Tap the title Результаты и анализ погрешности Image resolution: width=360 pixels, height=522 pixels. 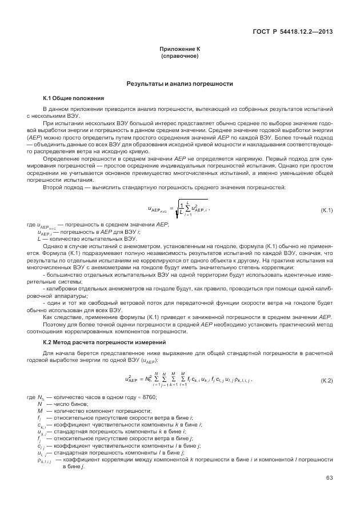pyautogui.click(x=179, y=84)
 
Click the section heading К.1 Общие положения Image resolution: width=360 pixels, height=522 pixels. pyautogui.click(x=73, y=98)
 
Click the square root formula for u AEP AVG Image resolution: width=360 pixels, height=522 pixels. pyautogui.click(x=178, y=210)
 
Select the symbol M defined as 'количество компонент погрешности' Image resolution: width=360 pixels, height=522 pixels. pyautogui.click(x=40, y=410)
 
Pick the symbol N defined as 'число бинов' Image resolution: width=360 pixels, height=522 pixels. pyautogui.click(x=39, y=404)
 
